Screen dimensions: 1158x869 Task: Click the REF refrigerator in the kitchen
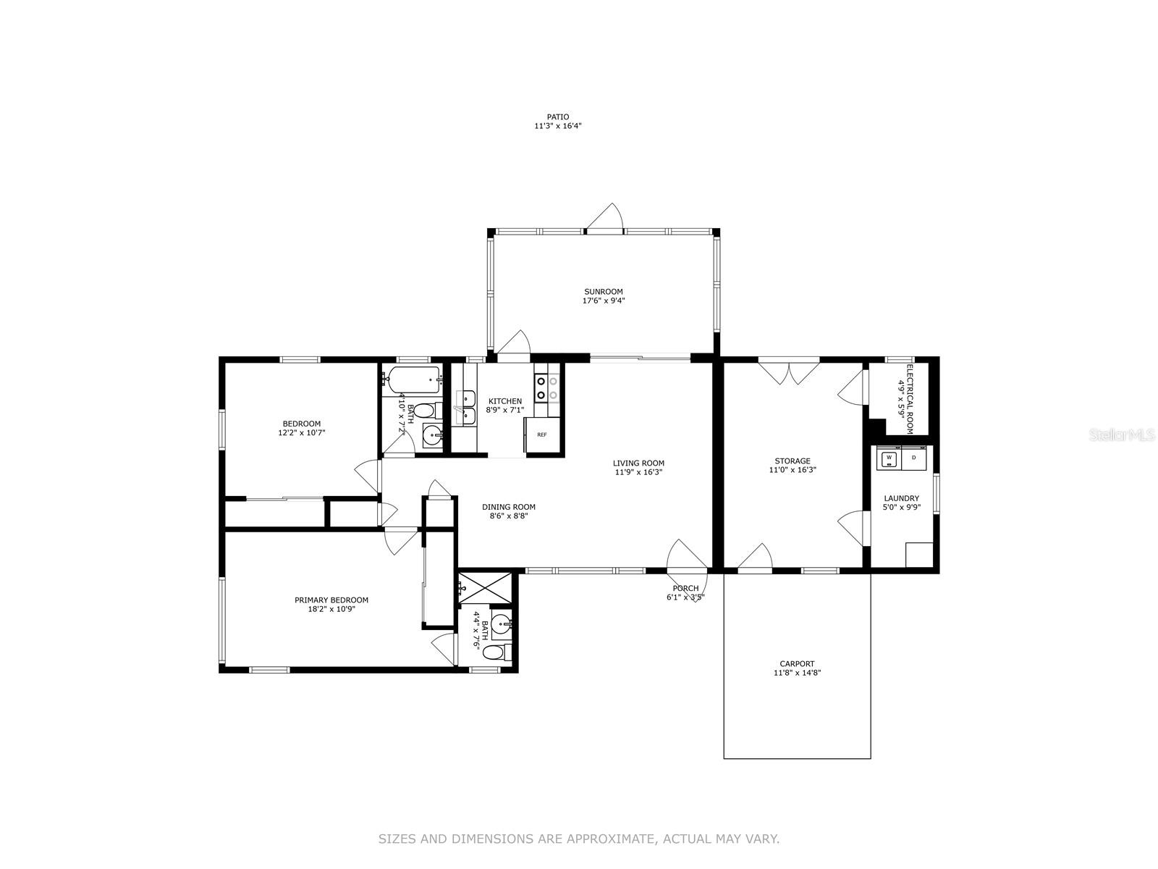(x=541, y=434)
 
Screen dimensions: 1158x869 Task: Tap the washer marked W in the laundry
(x=889, y=458)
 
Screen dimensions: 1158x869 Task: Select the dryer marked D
(x=914, y=458)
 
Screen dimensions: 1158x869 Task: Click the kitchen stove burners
(x=546, y=387)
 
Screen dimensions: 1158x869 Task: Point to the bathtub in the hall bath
(x=414, y=380)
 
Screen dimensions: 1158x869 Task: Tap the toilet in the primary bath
(x=497, y=652)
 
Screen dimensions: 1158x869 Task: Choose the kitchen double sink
(x=465, y=408)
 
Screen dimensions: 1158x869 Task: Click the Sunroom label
(x=603, y=291)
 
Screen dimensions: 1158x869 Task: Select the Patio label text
(x=557, y=117)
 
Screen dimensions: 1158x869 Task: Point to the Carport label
(x=797, y=663)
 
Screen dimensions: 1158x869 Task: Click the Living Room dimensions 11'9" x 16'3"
(x=638, y=472)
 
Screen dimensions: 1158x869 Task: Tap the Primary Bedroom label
(x=331, y=600)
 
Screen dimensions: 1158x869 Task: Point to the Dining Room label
(x=509, y=506)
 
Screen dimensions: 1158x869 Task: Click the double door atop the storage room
(x=789, y=371)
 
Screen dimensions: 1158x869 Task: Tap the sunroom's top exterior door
(x=604, y=219)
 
